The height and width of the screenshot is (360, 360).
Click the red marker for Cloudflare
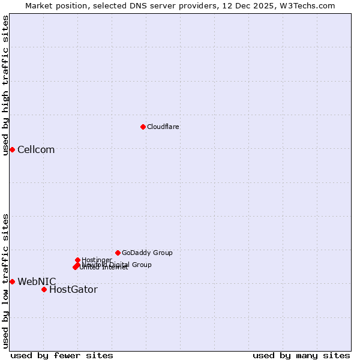click(143, 127)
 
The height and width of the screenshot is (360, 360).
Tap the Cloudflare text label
click(163, 127)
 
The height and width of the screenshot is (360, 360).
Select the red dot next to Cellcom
click(12, 149)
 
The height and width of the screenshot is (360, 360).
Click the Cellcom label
click(36, 149)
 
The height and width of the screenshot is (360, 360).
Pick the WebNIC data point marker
click(12, 281)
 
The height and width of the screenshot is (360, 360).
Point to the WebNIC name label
click(37, 281)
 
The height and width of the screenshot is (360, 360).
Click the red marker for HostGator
click(44, 289)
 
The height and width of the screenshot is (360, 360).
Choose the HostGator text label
click(73, 290)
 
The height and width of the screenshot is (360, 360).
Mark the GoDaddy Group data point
click(118, 253)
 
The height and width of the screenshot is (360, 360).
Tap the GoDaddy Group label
click(147, 253)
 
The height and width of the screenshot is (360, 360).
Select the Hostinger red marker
click(77, 260)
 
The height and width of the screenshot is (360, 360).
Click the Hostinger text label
click(97, 260)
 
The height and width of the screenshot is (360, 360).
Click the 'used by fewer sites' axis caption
click(62, 355)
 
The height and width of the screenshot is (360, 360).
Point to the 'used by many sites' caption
click(301, 355)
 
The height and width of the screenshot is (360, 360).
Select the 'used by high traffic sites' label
click(5, 86)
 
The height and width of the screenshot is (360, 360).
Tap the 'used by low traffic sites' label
click(5, 281)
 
